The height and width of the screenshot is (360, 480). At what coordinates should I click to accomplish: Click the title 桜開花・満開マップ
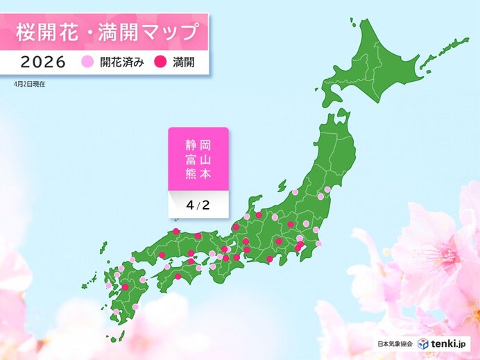click(103, 31)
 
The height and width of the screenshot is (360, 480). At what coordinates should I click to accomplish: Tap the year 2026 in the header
click(43, 62)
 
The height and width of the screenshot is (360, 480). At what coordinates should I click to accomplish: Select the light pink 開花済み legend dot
click(87, 62)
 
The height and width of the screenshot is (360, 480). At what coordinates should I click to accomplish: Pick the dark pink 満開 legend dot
click(159, 62)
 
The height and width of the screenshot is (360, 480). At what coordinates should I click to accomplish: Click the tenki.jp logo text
click(449, 343)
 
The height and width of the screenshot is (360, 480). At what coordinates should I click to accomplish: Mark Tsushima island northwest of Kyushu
click(104, 248)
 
